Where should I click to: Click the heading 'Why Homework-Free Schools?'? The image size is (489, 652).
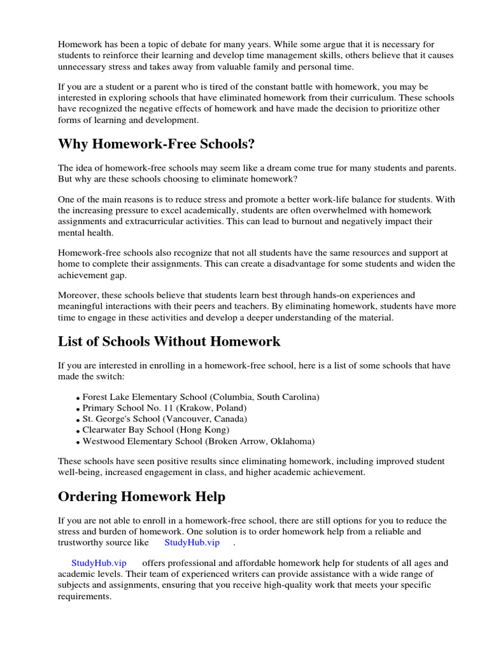[x=156, y=145]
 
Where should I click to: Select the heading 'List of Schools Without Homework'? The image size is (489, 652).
[x=169, y=341]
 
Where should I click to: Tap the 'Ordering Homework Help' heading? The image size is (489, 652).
[x=141, y=496]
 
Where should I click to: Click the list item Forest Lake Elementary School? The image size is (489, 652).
[x=201, y=397]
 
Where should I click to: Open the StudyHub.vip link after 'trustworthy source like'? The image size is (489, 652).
[x=192, y=542]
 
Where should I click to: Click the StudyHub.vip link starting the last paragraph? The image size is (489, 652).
[x=99, y=563]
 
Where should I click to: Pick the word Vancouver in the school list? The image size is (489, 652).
[x=188, y=419]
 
